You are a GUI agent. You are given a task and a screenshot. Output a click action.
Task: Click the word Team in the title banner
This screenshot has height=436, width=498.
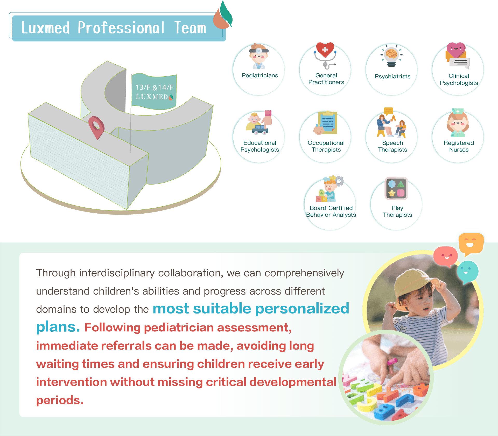point(190,28)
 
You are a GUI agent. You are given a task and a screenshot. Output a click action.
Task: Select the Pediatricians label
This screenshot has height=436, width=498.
point(260,75)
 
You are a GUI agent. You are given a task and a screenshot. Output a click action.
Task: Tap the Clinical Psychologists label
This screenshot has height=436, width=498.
point(459,79)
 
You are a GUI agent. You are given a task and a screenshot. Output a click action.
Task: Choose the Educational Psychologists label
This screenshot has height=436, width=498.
point(260,146)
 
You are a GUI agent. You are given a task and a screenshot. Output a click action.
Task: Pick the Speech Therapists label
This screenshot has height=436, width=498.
point(392,146)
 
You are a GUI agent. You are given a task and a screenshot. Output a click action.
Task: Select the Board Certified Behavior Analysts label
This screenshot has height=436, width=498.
point(331,211)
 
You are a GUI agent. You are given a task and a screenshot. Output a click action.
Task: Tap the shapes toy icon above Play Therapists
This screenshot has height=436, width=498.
point(396,188)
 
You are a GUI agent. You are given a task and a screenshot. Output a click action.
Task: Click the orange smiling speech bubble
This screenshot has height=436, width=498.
point(471,244)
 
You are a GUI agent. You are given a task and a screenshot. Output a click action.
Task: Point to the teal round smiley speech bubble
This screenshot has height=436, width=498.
point(467,272)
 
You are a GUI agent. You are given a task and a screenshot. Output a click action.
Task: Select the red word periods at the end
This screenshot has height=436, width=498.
point(60,400)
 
